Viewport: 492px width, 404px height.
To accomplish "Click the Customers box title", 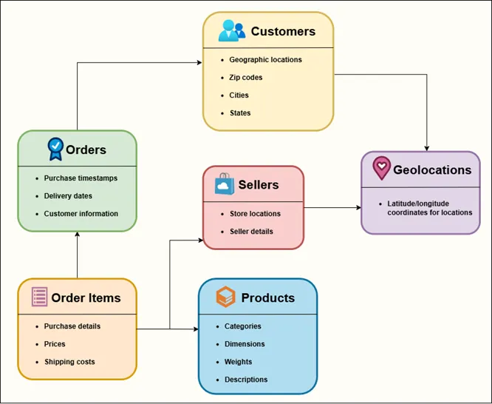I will pos(283,31).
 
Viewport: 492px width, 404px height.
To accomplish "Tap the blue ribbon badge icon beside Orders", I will pos(55,149).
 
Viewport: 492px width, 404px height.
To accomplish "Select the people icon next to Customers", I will pos(232,31).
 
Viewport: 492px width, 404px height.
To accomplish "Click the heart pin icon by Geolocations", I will pos(380,169).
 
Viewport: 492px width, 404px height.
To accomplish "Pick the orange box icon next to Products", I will pos(225,297).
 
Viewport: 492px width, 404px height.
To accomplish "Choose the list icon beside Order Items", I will pos(39,297).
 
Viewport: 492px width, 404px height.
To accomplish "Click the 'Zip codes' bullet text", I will pos(246,78).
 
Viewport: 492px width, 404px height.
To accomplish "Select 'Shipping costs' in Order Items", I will pos(69,362).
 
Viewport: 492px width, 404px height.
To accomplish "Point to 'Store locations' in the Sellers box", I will pos(255,214).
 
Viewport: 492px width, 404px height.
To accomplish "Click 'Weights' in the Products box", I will pos(239,362).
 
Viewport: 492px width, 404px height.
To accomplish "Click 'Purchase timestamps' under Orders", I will pos(81,178).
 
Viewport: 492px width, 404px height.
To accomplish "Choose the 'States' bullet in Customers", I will pos(240,113).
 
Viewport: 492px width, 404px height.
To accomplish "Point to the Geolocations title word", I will pos(432,169).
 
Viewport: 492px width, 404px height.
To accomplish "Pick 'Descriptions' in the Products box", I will pos(246,380).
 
